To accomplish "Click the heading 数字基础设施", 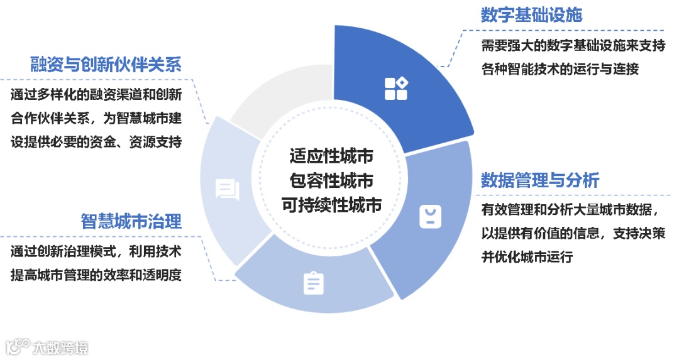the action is [531, 15].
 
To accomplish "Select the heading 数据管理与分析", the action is [540, 180].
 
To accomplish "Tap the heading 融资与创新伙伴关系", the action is [106, 64].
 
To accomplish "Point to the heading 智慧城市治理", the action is [131, 221].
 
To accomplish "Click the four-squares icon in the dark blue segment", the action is [396, 89].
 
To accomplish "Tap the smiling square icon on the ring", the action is [429, 217].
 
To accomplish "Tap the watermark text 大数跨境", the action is [60, 347].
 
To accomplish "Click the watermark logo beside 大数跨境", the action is [18, 346].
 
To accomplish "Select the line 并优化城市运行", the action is [527, 257].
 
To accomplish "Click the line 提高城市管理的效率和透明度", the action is [96, 275].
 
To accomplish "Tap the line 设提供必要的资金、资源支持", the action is [96, 142].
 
